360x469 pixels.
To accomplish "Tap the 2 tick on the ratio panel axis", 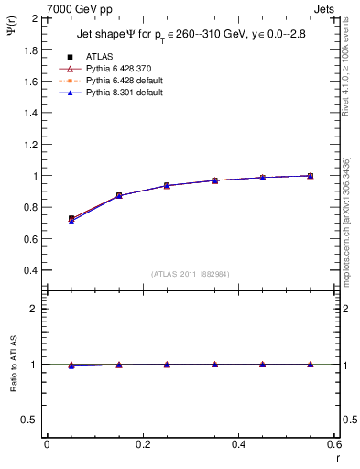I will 34,309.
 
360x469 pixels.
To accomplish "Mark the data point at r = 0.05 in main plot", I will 71,219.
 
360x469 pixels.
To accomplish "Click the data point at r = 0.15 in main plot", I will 119,196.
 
